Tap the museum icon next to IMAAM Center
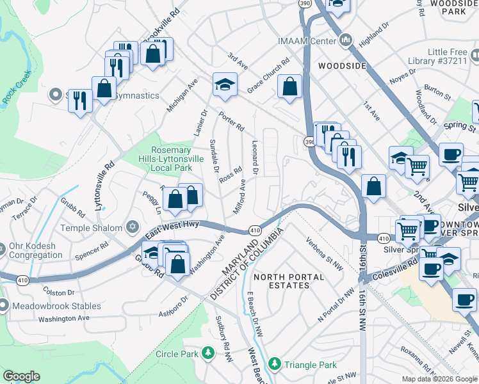point(346,41)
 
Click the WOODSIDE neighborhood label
point(342,66)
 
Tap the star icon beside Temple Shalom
point(133,228)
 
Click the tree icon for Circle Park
point(207,353)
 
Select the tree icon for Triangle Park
point(274,364)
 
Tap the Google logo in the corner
point(22,376)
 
